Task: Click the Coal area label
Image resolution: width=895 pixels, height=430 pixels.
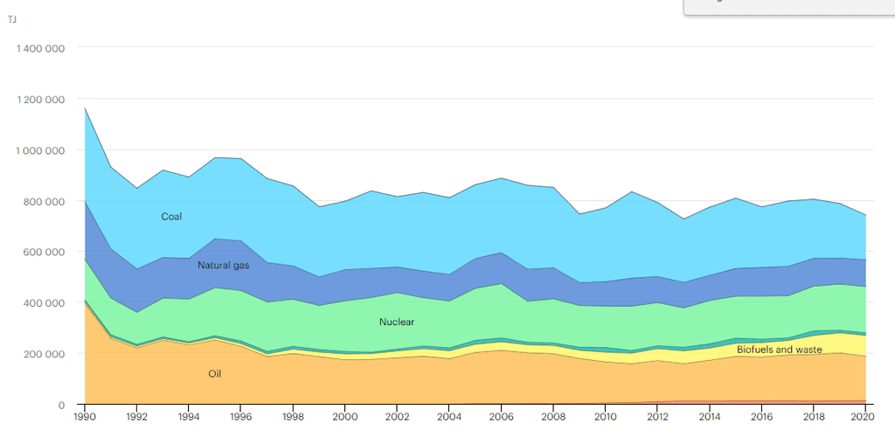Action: [171, 217]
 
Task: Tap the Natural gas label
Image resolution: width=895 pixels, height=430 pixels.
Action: [223, 266]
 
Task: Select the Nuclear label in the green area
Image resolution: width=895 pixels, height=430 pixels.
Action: [396, 322]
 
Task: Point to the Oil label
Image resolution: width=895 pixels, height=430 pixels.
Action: [214, 374]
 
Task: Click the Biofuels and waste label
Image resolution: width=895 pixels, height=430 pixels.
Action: [779, 350]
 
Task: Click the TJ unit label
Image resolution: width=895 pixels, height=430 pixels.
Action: [12, 20]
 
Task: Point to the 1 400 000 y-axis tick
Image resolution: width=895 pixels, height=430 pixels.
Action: [40, 49]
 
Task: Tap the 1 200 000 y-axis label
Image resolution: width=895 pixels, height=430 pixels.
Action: [40, 100]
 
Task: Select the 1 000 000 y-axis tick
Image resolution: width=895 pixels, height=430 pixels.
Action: [40, 150]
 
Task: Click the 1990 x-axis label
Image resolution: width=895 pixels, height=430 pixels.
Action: [85, 417]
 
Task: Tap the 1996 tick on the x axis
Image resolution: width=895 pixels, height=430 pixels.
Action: [240, 417]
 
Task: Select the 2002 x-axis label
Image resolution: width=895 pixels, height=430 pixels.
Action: [397, 417]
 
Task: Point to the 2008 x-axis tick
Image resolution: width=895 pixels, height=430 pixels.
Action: [552, 417]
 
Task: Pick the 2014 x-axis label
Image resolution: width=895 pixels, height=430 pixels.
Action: [709, 417]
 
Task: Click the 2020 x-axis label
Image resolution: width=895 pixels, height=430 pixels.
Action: [864, 417]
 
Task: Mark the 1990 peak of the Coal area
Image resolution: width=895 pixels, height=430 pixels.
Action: [85, 108]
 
